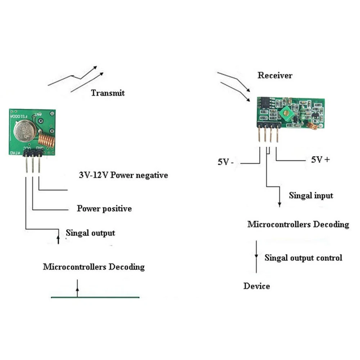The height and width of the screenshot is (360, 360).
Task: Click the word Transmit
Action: (x=108, y=93)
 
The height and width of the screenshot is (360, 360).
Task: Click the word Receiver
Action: (x=275, y=75)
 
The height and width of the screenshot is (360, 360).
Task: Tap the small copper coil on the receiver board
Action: (x=312, y=125)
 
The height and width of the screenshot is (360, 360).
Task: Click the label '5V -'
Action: (x=226, y=162)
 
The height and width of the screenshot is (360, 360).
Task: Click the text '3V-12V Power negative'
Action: (x=123, y=175)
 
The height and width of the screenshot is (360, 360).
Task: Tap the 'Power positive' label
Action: (x=104, y=208)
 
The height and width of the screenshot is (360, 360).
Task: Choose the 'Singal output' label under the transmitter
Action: (x=90, y=233)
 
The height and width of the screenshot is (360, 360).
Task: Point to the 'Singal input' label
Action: (x=311, y=195)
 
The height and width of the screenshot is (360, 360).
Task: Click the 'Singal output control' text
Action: (x=303, y=258)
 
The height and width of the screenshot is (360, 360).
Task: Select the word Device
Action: (x=256, y=286)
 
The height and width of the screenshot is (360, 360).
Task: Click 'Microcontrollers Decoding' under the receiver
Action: (x=298, y=224)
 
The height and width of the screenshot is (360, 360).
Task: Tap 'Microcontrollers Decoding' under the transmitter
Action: (x=94, y=267)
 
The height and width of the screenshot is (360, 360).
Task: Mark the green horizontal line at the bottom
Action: (x=95, y=297)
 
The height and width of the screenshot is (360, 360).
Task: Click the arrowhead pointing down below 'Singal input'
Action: (x=279, y=204)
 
